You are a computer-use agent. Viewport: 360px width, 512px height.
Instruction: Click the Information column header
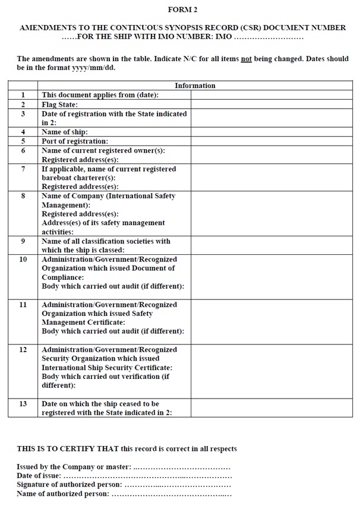click(x=195, y=86)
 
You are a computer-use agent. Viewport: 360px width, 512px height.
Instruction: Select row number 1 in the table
click(x=23, y=95)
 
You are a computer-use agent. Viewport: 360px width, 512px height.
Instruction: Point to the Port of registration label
click(x=74, y=141)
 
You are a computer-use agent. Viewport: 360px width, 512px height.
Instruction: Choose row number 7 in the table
click(x=23, y=169)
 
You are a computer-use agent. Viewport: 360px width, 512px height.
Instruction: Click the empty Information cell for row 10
click(x=271, y=277)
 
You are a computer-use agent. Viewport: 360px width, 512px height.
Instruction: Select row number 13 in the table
click(x=23, y=404)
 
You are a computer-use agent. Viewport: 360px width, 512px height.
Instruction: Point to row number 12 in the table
click(x=23, y=350)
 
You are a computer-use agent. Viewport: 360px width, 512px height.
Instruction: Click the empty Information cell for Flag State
click(x=271, y=105)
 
